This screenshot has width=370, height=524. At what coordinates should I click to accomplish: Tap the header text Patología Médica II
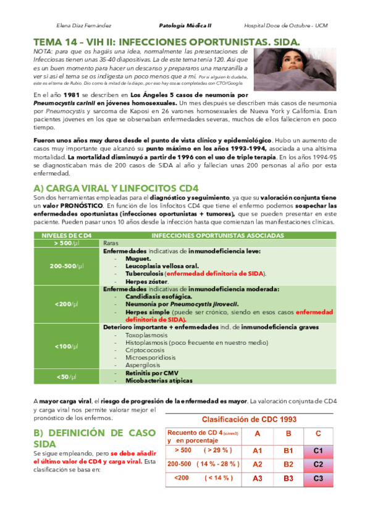185,26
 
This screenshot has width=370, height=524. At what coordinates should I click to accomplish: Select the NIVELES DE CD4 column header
67,235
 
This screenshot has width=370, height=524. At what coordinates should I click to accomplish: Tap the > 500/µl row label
67,243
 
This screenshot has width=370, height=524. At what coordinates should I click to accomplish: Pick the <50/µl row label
67,376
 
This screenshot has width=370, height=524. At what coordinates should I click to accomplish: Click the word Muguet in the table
135,258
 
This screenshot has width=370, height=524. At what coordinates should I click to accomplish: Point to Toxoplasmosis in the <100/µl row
146,334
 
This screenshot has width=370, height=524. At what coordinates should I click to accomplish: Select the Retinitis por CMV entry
151,373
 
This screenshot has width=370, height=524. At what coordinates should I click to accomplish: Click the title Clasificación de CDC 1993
250,419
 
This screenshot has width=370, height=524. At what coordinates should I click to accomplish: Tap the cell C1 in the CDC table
318,451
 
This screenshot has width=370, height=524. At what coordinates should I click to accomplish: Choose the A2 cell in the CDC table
258,464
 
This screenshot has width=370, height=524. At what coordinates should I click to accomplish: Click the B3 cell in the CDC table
288,478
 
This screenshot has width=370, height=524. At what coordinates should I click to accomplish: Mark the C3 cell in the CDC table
318,478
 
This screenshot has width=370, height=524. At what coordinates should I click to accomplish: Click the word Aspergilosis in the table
143,365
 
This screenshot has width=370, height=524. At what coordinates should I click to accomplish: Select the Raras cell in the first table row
111,243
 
